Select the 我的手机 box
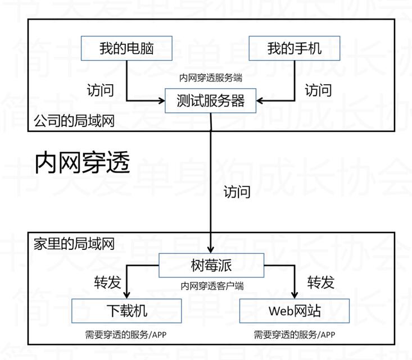click(x=295, y=48)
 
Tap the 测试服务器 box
click(x=211, y=101)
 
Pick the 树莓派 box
click(x=211, y=265)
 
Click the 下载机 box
click(x=127, y=311)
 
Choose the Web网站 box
click(x=295, y=311)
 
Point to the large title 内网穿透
click(x=83, y=163)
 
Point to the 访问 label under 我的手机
click(x=318, y=90)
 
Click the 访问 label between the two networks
click(x=236, y=192)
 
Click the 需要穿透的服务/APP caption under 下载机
click(x=126, y=335)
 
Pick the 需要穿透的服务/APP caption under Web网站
click(x=295, y=335)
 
